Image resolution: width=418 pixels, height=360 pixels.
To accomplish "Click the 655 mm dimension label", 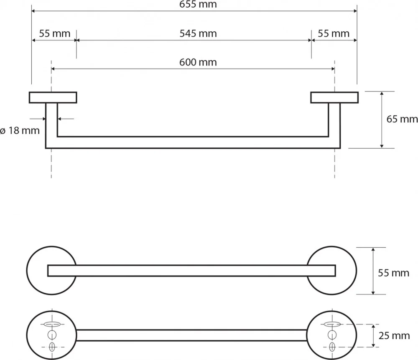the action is click(x=198, y=5).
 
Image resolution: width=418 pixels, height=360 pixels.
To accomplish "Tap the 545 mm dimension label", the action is click(x=198, y=33).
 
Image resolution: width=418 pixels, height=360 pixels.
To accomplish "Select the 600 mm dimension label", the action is click(x=198, y=62).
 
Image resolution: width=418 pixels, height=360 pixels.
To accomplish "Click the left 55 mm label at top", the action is click(x=55, y=33).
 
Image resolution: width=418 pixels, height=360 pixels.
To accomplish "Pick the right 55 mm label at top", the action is click(x=334, y=33).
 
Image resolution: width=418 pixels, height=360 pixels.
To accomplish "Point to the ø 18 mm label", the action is click(x=20, y=130).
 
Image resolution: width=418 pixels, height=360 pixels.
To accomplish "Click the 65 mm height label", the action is click(x=402, y=119).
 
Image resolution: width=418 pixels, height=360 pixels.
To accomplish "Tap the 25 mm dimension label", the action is click(x=394, y=336).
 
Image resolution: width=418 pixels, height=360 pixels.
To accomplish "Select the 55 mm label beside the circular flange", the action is click(x=393, y=273).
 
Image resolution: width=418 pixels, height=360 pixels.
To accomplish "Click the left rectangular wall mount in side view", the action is click(x=53, y=97).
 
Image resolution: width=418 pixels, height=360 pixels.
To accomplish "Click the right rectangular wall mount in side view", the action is click(x=334, y=97).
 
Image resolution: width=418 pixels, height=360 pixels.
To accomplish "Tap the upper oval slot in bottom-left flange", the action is click(x=52, y=324).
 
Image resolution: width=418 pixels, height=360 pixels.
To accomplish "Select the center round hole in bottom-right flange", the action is click(x=332, y=335).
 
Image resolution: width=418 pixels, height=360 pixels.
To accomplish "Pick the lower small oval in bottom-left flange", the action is click(x=52, y=347).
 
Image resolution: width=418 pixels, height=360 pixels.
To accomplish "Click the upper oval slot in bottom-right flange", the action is click(x=332, y=324).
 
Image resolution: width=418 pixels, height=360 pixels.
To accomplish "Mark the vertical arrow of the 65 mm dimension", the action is click(x=382, y=120).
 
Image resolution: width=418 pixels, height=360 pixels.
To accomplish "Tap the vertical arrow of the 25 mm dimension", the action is click(x=373, y=335).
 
